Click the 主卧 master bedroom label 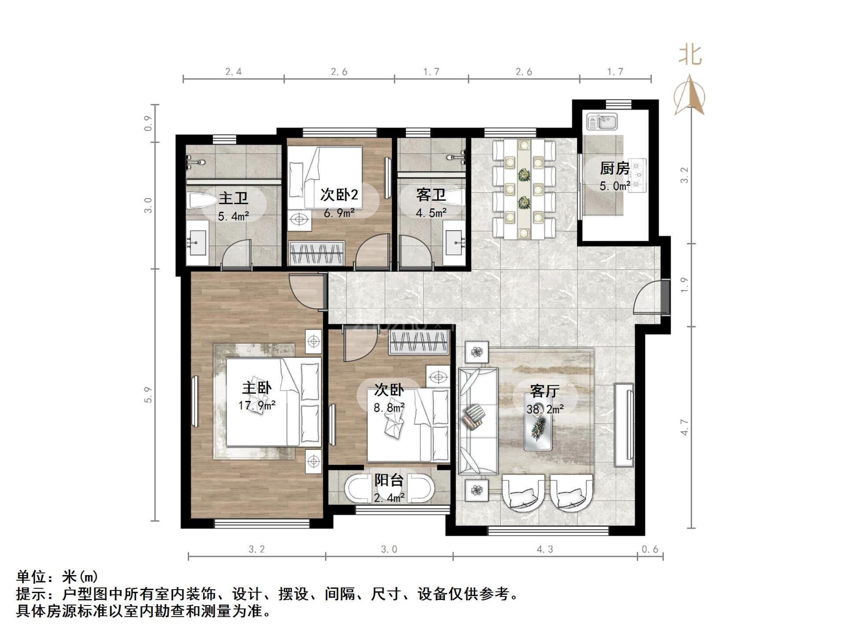[x=256, y=388]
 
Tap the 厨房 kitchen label [x=615, y=168]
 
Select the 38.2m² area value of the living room [x=545, y=409]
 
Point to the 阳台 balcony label [x=389, y=480]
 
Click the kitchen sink [x=602, y=121]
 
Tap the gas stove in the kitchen [x=637, y=176]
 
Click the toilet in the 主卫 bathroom [x=202, y=200]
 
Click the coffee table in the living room [x=538, y=428]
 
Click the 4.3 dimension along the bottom [x=545, y=549]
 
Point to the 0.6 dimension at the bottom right [x=650, y=549]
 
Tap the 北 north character [x=690, y=56]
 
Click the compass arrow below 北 [x=690, y=95]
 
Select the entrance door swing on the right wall [x=647, y=298]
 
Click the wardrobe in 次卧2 [x=316, y=253]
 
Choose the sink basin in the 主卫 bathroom [x=197, y=242]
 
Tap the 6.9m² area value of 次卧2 [x=339, y=213]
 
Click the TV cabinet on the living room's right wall [x=624, y=425]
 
